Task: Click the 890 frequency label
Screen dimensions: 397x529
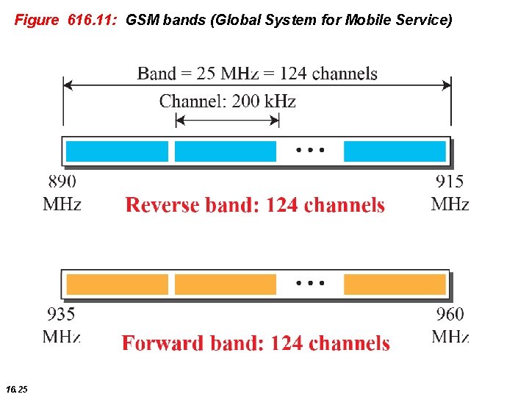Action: [62, 181]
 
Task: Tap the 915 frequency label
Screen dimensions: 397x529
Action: [450, 181]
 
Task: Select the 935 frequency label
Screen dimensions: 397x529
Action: [61, 315]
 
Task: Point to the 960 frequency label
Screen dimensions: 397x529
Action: [450, 315]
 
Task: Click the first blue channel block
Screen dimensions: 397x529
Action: [118, 151]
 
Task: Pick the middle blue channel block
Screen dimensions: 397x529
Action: [226, 151]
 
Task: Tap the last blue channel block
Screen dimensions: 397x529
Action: [395, 151]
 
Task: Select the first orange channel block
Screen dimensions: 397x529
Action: [118, 285]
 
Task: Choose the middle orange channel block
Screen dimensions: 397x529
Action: [226, 285]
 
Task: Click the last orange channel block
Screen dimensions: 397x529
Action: [395, 285]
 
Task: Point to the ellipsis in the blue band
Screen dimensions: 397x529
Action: [309, 151]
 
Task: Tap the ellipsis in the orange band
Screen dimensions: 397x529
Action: [309, 283]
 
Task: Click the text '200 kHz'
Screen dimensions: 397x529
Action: [264, 101]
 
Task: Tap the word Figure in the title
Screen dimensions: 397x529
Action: [36, 21]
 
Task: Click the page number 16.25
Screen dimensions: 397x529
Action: [16, 388]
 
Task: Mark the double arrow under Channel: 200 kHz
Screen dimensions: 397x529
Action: [228, 120]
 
